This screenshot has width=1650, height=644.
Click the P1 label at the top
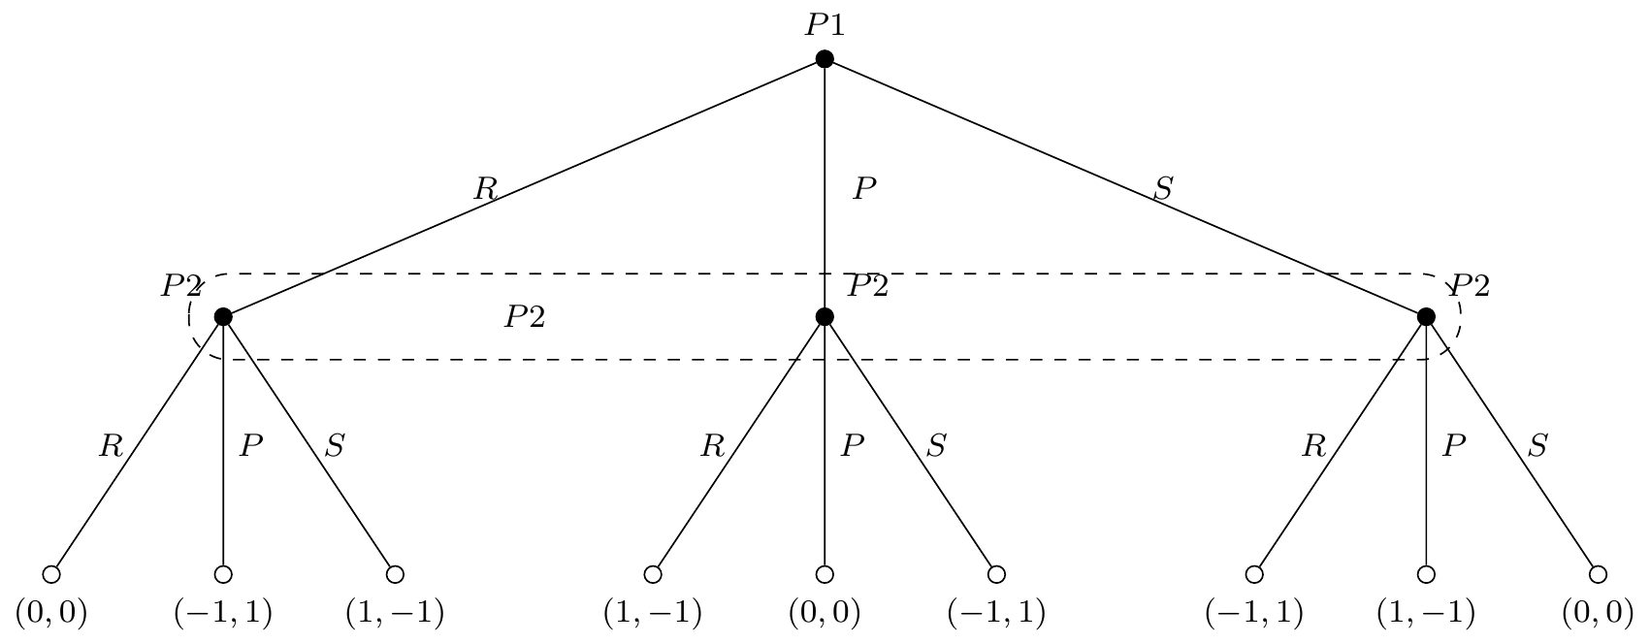tap(824, 25)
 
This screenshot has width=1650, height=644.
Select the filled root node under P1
tap(825, 59)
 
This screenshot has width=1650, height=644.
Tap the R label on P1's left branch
tap(485, 189)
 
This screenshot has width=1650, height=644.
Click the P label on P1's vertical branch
tap(864, 189)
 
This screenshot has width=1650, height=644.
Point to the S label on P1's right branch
tap(1162, 189)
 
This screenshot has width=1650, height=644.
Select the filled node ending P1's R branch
tap(223, 316)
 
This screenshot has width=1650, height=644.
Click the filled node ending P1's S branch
tap(1426, 316)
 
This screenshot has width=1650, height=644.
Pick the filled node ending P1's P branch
tap(825, 316)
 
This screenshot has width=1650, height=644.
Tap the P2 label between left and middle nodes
tap(524, 317)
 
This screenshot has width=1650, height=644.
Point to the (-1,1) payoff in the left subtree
tap(222, 613)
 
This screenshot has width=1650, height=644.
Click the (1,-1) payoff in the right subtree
tap(1425, 613)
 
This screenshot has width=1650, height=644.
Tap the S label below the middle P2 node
tap(936, 446)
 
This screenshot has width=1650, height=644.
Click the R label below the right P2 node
tap(1313, 446)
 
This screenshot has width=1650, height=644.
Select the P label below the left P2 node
tap(251, 446)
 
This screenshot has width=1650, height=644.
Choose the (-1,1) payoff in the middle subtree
tap(996, 613)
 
